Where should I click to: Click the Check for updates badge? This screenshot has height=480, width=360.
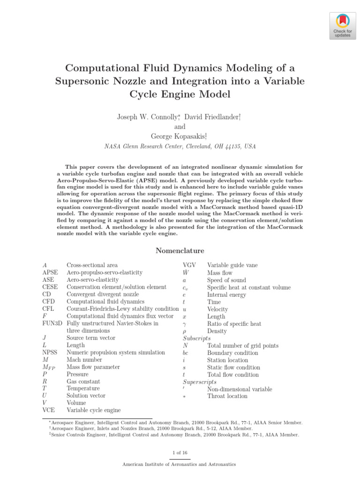[x=342, y=26]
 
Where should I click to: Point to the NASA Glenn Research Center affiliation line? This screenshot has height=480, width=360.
[x=180, y=146]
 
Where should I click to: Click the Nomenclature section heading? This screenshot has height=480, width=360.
[x=180, y=251]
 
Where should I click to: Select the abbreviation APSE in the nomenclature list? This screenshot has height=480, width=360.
[x=50, y=272]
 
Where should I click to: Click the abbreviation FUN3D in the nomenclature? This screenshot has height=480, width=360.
[x=52, y=323]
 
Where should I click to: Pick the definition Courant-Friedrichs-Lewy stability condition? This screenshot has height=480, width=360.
[x=122, y=308]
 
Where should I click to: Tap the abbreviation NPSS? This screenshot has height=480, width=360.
[x=50, y=352]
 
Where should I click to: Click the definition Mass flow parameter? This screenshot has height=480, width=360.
[x=93, y=367]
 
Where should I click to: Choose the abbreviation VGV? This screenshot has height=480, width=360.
[x=189, y=265]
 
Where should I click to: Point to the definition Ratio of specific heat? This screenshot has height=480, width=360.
[x=234, y=323]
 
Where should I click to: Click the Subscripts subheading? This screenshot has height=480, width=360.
[x=196, y=338]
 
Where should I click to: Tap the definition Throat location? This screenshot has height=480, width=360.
[x=227, y=396]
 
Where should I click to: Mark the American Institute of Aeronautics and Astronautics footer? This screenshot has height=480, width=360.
[x=180, y=464]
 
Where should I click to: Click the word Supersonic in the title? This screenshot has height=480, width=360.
[x=83, y=81]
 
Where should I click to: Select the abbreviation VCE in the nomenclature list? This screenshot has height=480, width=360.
[x=49, y=410]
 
